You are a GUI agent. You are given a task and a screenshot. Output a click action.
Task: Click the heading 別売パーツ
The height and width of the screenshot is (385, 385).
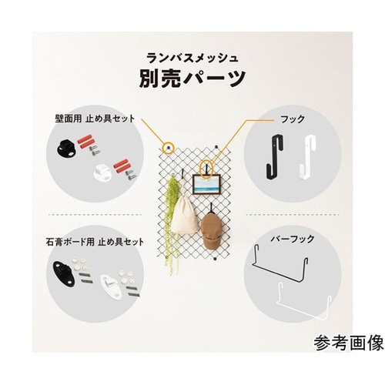[x=192, y=79]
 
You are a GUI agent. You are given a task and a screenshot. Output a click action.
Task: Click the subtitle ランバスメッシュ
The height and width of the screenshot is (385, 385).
[x=192, y=56]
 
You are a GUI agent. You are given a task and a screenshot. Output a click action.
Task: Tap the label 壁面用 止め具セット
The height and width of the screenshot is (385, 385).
[x=94, y=119]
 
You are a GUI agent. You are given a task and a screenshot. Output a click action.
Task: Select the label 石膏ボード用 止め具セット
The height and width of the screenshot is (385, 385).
[x=94, y=242]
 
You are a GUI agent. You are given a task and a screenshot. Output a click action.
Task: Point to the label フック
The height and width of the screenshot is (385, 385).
[x=294, y=119]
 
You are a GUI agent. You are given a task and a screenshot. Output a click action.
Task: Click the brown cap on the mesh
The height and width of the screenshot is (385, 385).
[x=213, y=228]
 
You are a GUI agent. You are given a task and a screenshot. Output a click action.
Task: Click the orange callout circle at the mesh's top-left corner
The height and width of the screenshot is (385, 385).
[x=168, y=145]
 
